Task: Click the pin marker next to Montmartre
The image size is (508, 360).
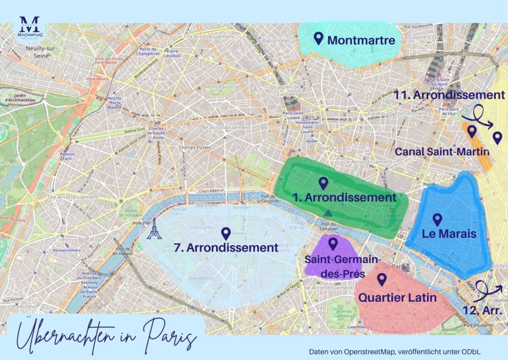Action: click(319, 39)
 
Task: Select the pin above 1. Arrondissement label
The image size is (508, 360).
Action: click(323, 183)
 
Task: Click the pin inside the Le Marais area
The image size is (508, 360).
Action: click(437, 219)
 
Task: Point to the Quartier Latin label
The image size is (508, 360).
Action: click(397, 297)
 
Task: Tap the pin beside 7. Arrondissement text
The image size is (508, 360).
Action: click(226, 234)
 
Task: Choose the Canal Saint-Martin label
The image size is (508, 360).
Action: click(442, 151)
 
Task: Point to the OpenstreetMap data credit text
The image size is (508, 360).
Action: click(395, 352)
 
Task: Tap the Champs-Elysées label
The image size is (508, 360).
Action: click(195, 147)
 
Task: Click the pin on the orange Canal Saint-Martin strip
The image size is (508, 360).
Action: click(472, 132)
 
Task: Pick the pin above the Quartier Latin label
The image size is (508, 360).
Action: click(382, 279)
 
